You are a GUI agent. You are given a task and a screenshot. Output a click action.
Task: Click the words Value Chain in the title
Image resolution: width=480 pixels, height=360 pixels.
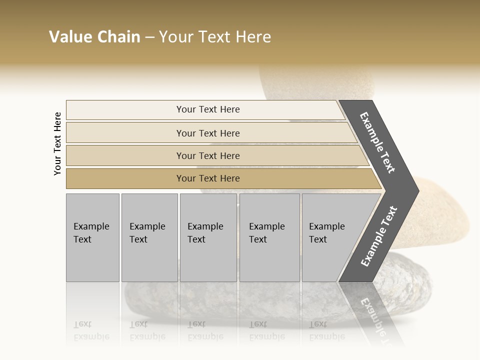pyautogui.click(x=94, y=37)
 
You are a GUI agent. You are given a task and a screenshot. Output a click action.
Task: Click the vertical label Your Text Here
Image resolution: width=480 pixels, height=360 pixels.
pyautogui.click(x=57, y=143)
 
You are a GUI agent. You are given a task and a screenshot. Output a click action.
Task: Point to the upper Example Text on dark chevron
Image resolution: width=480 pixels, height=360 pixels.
pyautogui.click(x=377, y=142)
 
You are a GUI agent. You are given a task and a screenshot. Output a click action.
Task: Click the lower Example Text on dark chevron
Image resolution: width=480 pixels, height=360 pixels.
pyautogui.click(x=378, y=236)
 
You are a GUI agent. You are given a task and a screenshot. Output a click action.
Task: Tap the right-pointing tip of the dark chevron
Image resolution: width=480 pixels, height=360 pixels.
pyautogui.click(x=415, y=190)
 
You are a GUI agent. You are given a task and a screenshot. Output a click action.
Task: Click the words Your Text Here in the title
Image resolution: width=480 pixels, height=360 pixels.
pyautogui.click(x=215, y=37)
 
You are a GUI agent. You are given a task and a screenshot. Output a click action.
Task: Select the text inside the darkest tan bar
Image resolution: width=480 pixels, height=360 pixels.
pyautogui.click(x=208, y=178)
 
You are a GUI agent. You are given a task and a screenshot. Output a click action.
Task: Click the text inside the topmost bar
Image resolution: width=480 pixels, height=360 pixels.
pyautogui.click(x=208, y=109)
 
